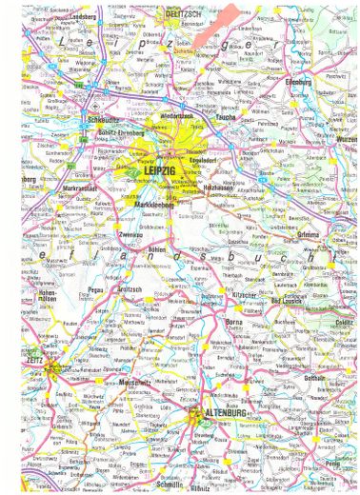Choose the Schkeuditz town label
[x=76, y=120]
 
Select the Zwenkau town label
[x=130, y=230]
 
